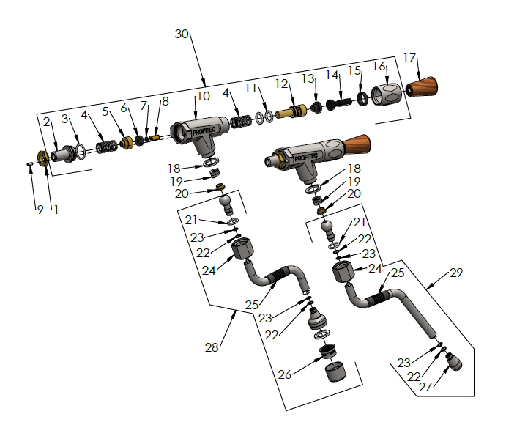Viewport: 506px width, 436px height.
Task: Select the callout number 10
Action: click(x=203, y=96)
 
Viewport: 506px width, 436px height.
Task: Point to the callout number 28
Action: click(x=212, y=347)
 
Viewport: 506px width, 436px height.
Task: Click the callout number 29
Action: click(x=455, y=273)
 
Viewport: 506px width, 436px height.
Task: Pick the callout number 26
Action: click(x=285, y=374)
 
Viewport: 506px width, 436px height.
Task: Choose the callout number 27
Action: click(x=425, y=388)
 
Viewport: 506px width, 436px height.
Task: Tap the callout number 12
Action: click(x=283, y=84)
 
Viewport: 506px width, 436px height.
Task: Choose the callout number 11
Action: click(x=250, y=88)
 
